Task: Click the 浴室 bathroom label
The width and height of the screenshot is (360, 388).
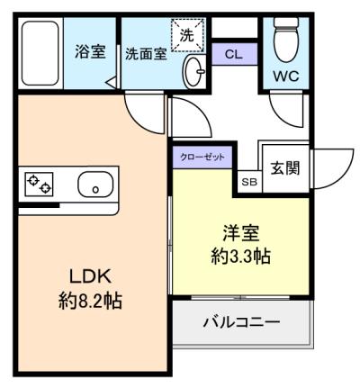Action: (90, 52)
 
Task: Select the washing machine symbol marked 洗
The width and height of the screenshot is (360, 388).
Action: (186, 37)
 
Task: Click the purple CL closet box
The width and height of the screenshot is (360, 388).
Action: (233, 54)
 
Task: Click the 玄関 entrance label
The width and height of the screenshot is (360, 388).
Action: (287, 168)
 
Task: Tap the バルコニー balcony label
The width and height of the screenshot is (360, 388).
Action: (240, 322)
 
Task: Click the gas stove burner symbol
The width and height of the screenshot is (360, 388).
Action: (39, 185)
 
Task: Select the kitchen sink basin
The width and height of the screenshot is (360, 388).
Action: (94, 186)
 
